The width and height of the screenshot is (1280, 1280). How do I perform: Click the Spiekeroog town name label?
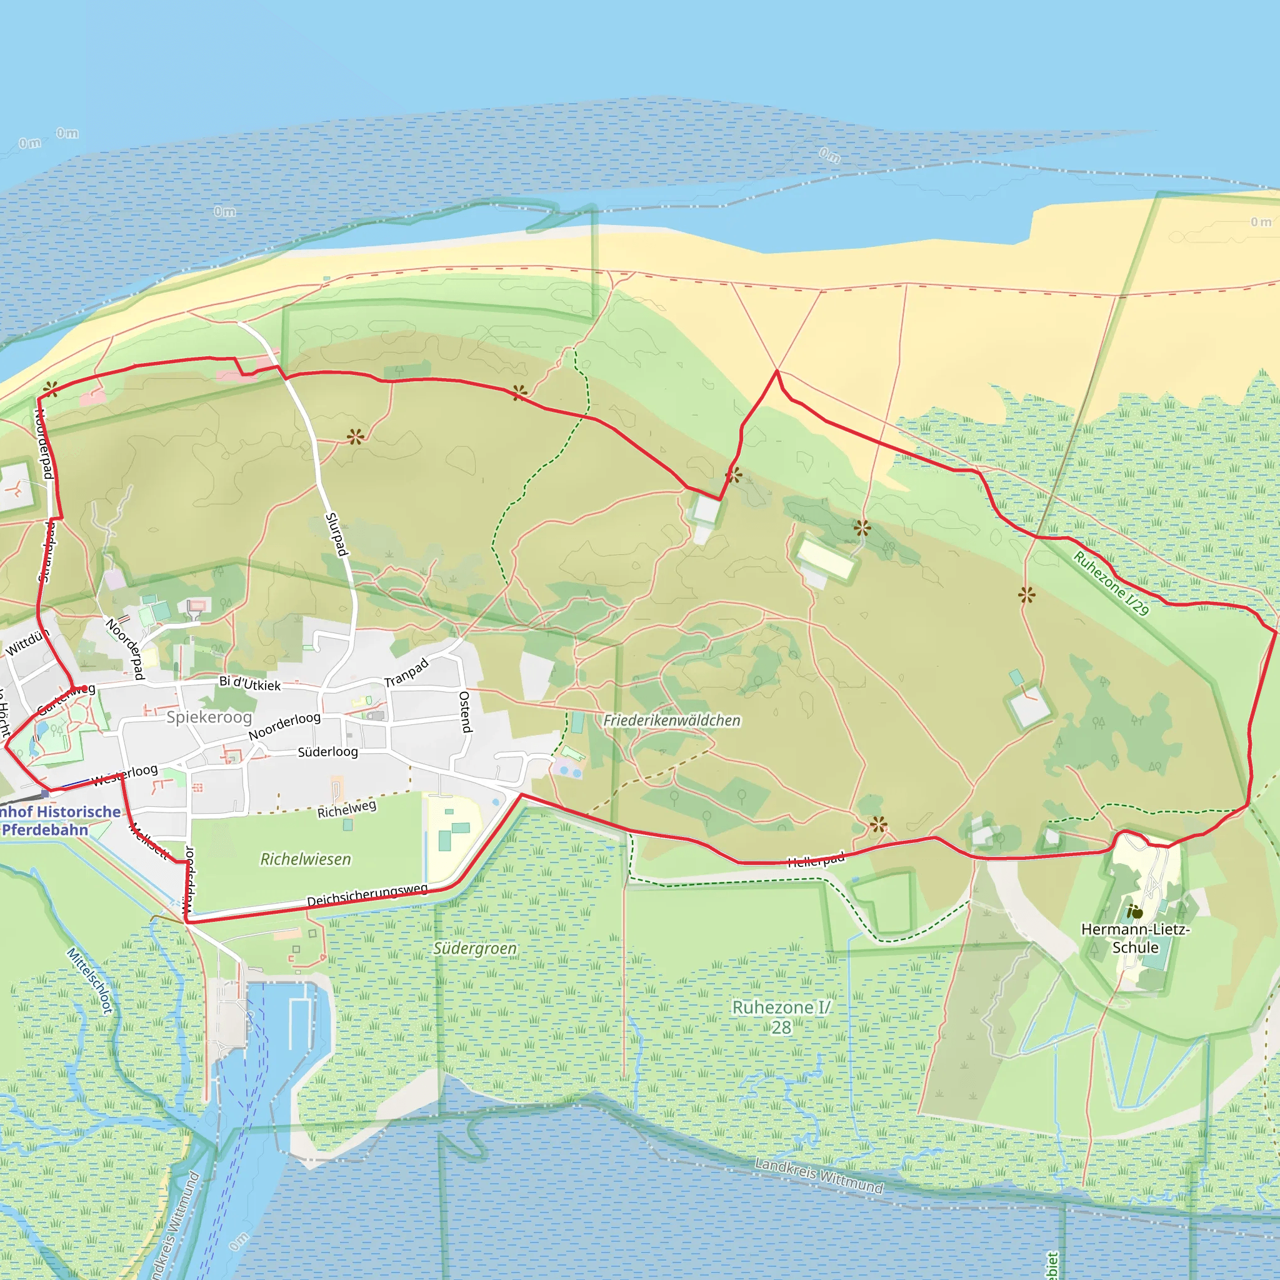pyautogui.click(x=209, y=717)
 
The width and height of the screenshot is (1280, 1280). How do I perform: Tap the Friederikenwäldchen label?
pyautogui.click(x=671, y=720)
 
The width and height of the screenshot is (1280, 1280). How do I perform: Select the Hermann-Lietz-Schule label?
pyautogui.click(x=1135, y=938)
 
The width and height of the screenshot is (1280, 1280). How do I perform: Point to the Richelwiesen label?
pyautogui.click(x=306, y=859)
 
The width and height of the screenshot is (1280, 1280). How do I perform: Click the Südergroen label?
pyautogui.click(x=474, y=949)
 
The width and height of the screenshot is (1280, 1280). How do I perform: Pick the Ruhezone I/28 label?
pyautogui.click(x=781, y=1017)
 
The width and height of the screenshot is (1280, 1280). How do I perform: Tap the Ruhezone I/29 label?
pyautogui.click(x=1111, y=583)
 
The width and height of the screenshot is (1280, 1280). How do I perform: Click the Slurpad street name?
pyautogui.click(x=337, y=534)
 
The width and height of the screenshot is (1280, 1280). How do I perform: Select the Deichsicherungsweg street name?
pyautogui.click(x=367, y=894)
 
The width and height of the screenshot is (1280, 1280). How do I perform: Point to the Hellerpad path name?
pyautogui.click(x=816, y=860)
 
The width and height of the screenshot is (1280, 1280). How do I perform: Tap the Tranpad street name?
pyautogui.click(x=406, y=673)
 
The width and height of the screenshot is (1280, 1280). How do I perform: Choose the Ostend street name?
pyautogui.click(x=465, y=711)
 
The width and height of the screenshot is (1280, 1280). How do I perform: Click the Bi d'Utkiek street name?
pyautogui.click(x=250, y=684)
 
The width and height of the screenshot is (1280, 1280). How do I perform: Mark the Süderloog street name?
pyautogui.click(x=327, y=752)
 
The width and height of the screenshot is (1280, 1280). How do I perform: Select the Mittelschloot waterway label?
pyautogui.click(x=90, y=981)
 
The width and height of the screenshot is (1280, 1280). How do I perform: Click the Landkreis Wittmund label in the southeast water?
pyautogui.click(x=819, y=1176)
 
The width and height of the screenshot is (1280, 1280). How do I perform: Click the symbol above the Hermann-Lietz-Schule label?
pyautogui.click(x=1134, y=912)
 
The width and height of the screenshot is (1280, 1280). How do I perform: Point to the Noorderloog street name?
pyautogui.click(x=284, y=726)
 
